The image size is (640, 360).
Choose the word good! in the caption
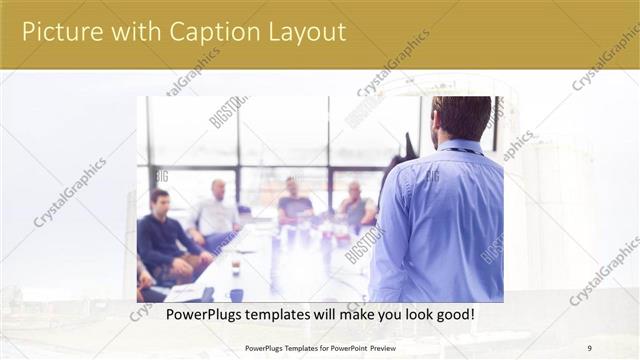pos(453,314)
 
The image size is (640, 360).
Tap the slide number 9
pos(589,348)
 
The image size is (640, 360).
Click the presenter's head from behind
pos(462,117)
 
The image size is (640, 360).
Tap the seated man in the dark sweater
pos(165,240)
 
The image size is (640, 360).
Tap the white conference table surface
pos(290,265)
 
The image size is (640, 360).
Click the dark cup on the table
pos(236,294)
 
